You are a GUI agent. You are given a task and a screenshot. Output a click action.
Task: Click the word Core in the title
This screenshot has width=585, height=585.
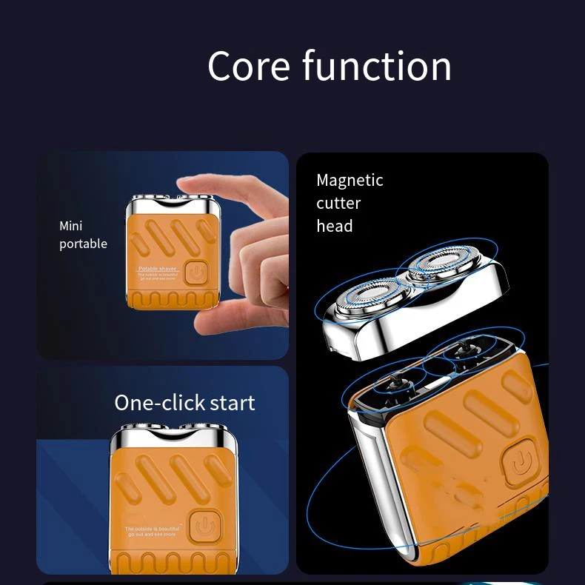coord(250,66)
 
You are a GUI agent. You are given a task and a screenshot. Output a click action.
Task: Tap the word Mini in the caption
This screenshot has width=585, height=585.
coord(71,226)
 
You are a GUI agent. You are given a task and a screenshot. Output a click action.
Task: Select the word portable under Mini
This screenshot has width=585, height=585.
coord(83,244)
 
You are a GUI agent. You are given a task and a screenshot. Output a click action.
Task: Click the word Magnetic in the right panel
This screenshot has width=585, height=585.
coord(350,180)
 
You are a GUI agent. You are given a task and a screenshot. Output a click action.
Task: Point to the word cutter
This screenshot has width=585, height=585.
coord(338,203)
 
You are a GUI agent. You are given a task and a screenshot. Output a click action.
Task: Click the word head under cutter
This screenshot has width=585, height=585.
coord(335,226)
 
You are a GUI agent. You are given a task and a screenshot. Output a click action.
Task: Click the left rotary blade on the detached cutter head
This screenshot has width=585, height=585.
coord(361,298)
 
